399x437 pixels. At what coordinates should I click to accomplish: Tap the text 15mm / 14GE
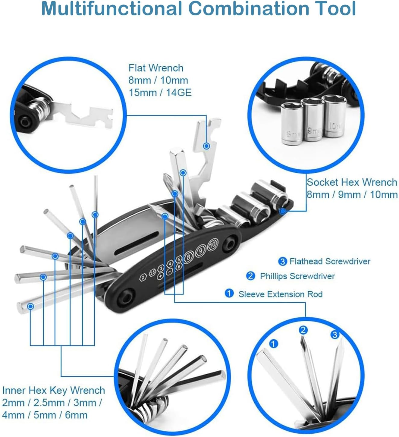160,93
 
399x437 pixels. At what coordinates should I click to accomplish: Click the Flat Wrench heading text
156,68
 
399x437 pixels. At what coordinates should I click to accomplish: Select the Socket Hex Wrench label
352,182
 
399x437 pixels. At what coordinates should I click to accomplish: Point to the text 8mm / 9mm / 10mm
352,195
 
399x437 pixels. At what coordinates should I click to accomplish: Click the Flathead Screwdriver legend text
330,261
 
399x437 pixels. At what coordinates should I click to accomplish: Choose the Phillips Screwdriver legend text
297,276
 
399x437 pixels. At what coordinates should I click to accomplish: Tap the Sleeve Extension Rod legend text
280,294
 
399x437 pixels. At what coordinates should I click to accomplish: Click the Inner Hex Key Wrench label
54,390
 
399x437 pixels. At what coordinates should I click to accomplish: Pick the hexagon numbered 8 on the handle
189,257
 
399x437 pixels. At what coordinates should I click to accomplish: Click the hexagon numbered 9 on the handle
201,250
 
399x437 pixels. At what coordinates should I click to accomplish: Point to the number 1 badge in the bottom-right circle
273,344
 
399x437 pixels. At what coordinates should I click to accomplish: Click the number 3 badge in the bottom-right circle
335,335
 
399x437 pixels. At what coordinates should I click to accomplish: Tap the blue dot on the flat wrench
206,146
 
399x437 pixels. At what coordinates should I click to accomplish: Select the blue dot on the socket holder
282,211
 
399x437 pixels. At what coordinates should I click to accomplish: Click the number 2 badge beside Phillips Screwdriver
250,276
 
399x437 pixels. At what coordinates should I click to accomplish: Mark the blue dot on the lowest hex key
30,307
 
